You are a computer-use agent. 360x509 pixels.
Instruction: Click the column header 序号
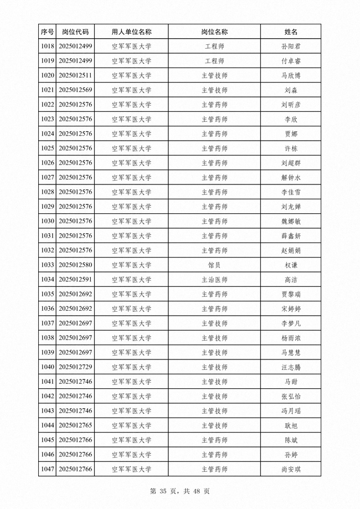pos(48,32)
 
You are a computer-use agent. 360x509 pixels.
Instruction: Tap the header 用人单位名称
pos(131,32)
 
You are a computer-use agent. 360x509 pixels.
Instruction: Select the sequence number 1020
pos(48,76)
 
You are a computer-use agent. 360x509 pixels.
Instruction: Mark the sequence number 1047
pos(48,470)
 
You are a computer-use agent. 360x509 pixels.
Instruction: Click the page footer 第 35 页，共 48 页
pos(180,491)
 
